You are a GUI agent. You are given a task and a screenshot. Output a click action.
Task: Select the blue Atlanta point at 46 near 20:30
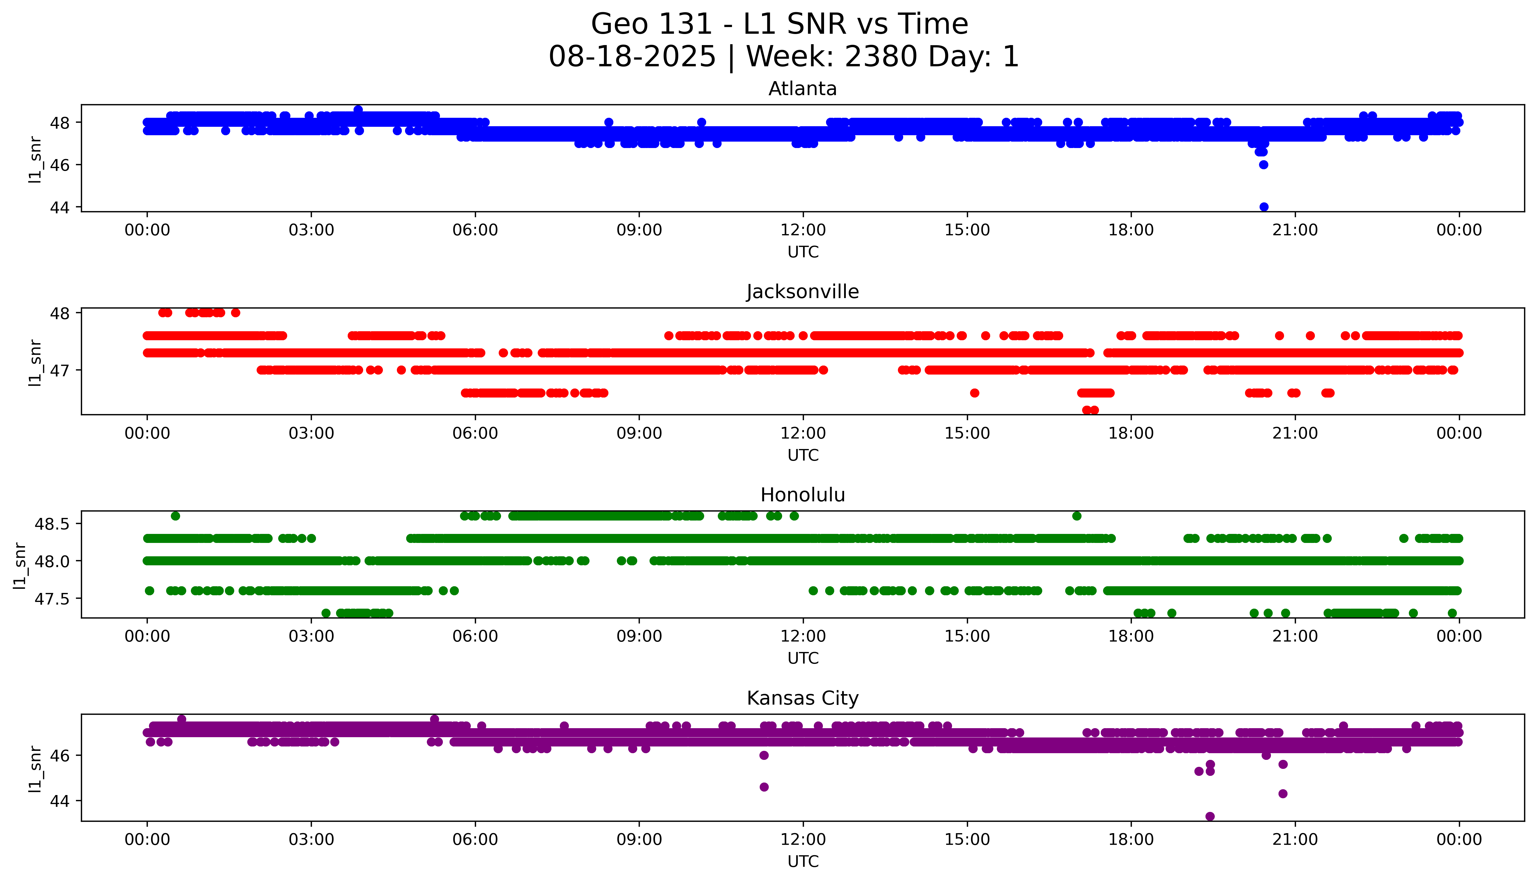coord(1263,165)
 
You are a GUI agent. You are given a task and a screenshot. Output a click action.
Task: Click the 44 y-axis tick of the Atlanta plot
coord(59,207)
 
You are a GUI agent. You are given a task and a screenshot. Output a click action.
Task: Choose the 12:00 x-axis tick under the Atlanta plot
coord(803,230)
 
